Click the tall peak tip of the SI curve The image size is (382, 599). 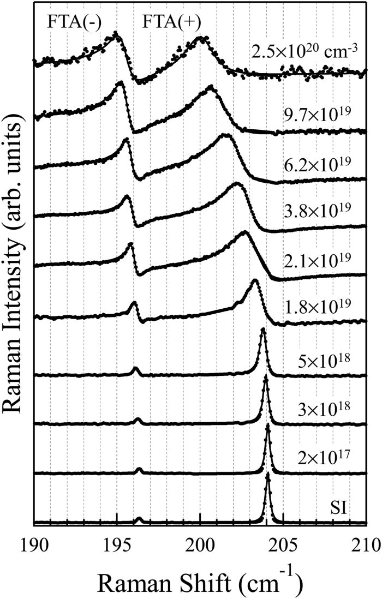pyautogui.click(x=268, y=474)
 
